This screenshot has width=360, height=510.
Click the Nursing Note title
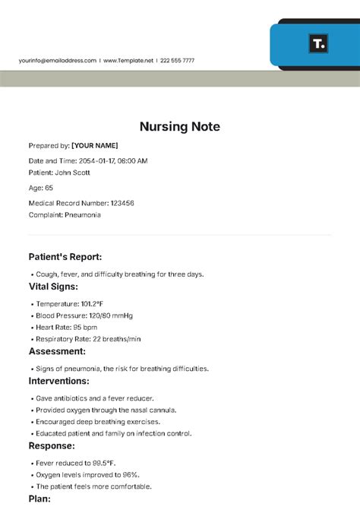pos(180,127)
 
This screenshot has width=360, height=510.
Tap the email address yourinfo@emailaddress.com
pos(58,61)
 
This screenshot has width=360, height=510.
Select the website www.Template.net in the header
pos(128,61)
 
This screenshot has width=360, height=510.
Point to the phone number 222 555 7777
pos(178,61)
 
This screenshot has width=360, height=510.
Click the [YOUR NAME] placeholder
pos(95,145)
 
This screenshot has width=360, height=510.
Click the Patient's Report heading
pos(65,257)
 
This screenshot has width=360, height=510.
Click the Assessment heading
pos(57,351)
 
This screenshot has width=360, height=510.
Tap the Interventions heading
pos(59,381)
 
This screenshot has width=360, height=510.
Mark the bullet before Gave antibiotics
pos(31,398)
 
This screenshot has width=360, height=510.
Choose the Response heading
pos(52,445)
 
